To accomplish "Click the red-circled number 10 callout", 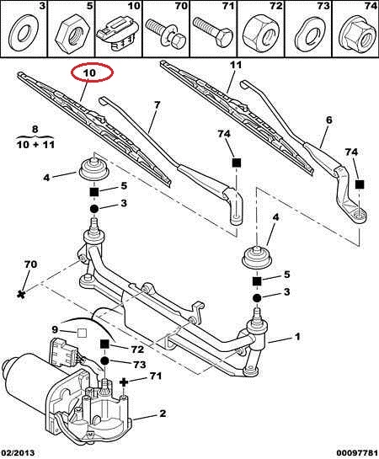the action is pyautogui.click(x=89, y=72).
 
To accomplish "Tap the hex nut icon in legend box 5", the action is pyautogui.click(x=72, y=37).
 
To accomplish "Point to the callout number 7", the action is pyautogui.click(x=157, y=104).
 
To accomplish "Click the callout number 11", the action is pyautogui.click(x=236, y=65).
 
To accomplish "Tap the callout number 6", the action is pyautogui.click(x=329, y=120).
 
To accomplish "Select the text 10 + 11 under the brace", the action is pyautogui.click(x=35, y=144).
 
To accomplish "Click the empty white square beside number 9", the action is pyautogui.click(x=82, y=334).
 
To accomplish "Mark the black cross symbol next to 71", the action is pyautogui.click(x=124, y=382).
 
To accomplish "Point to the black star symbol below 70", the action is pyautogui.click(x=21, y=294).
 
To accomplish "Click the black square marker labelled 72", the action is pyautogui.click(x=104, y=344).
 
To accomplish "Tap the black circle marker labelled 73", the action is pyautogui.click(x=104, y=361).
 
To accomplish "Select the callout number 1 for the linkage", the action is pyautogui.click(x=297, y=337).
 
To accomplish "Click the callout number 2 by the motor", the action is pyautogui.click(x=163, y=414).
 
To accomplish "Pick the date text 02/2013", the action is pyautogui.click(x=18, y=453).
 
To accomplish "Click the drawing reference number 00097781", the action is pyautogui.click(x=357, y=453).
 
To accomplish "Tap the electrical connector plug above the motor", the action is pyautogui.click(x=63, y=352).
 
